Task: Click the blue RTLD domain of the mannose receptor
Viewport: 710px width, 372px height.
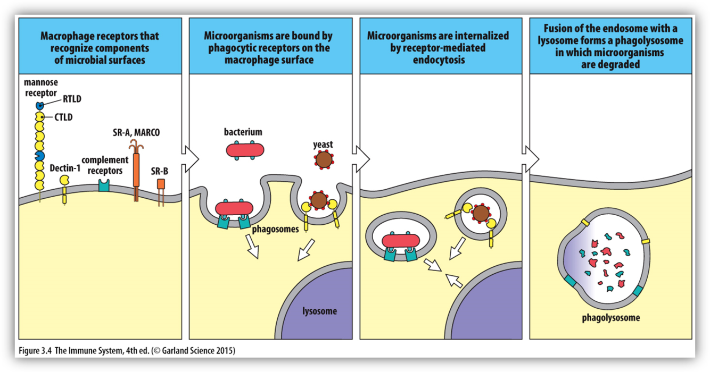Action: (x=40, y=106)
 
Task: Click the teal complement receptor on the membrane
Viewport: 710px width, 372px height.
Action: (x=103, y=185)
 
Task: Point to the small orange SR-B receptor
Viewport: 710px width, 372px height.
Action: (x=161, y=184)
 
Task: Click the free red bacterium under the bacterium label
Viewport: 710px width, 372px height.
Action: (x=245, y=150)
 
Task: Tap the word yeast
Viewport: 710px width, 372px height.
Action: (x=323, y=144)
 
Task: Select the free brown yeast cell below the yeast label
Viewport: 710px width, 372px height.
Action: (x=323, y=159)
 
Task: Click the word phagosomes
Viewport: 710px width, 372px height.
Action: (x=275, y=230)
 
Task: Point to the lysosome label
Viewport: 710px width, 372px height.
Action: (x=319, y=311)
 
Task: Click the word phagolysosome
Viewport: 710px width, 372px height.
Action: (x=610, y=318)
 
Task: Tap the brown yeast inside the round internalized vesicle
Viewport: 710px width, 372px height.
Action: (x=481, y=214)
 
